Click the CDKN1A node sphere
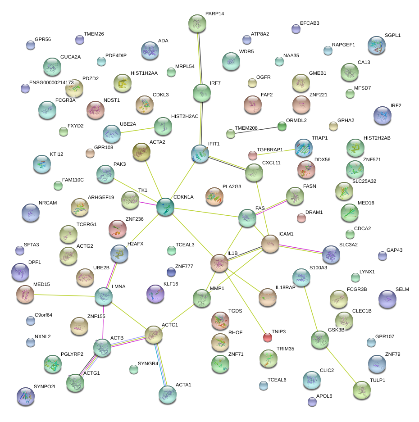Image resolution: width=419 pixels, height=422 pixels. pos(165,207)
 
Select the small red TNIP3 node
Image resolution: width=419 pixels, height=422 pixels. pos(268,337)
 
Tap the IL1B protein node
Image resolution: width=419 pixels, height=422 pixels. pos(219,263)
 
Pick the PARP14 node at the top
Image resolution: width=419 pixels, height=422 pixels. pos(197,23)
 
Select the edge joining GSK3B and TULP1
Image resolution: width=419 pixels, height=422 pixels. pos(341,363)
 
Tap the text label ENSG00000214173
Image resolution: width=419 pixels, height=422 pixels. pos(51,83)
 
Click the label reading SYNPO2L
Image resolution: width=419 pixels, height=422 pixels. pos(45,387)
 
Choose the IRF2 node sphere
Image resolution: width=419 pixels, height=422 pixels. pos(383,115)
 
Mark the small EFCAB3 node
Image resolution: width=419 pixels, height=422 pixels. pos(296,29)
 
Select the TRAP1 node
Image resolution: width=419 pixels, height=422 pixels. pos(303,148)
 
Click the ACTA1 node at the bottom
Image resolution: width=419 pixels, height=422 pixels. pos(167,394)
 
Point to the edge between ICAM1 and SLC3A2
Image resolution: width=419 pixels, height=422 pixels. pos(301,249)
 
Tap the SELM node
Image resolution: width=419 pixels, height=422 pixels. pos(387,299)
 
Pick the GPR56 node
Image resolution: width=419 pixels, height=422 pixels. pos(30,45)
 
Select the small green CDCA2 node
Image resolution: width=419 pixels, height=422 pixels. pos(350,234)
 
